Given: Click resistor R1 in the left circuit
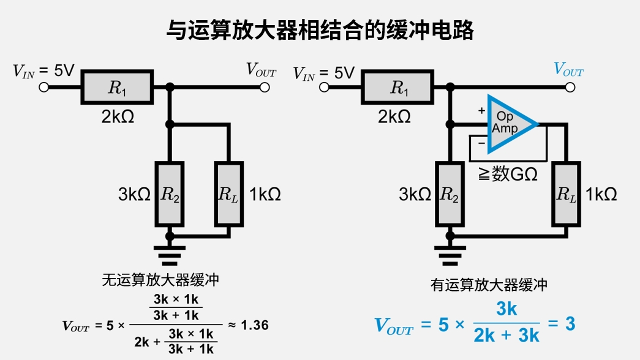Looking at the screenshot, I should (116, 88).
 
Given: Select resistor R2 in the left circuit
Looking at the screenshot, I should (168, 194).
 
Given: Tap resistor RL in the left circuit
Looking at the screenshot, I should (228, 194).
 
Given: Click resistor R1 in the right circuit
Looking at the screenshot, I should (397, 88).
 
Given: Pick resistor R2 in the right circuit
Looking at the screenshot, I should (450, 194).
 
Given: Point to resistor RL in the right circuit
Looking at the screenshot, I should (567, 194).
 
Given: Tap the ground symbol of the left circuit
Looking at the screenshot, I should (168, 253).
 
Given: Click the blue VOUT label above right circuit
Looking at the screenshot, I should (568, 70).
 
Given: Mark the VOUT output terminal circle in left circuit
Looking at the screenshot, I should (265, 88).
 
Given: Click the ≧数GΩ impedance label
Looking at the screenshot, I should (508, 174).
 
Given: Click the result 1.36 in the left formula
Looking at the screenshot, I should (254, 325).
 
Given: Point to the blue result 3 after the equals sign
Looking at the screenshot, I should (570, 324).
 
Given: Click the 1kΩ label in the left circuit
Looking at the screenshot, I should (265, 195).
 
